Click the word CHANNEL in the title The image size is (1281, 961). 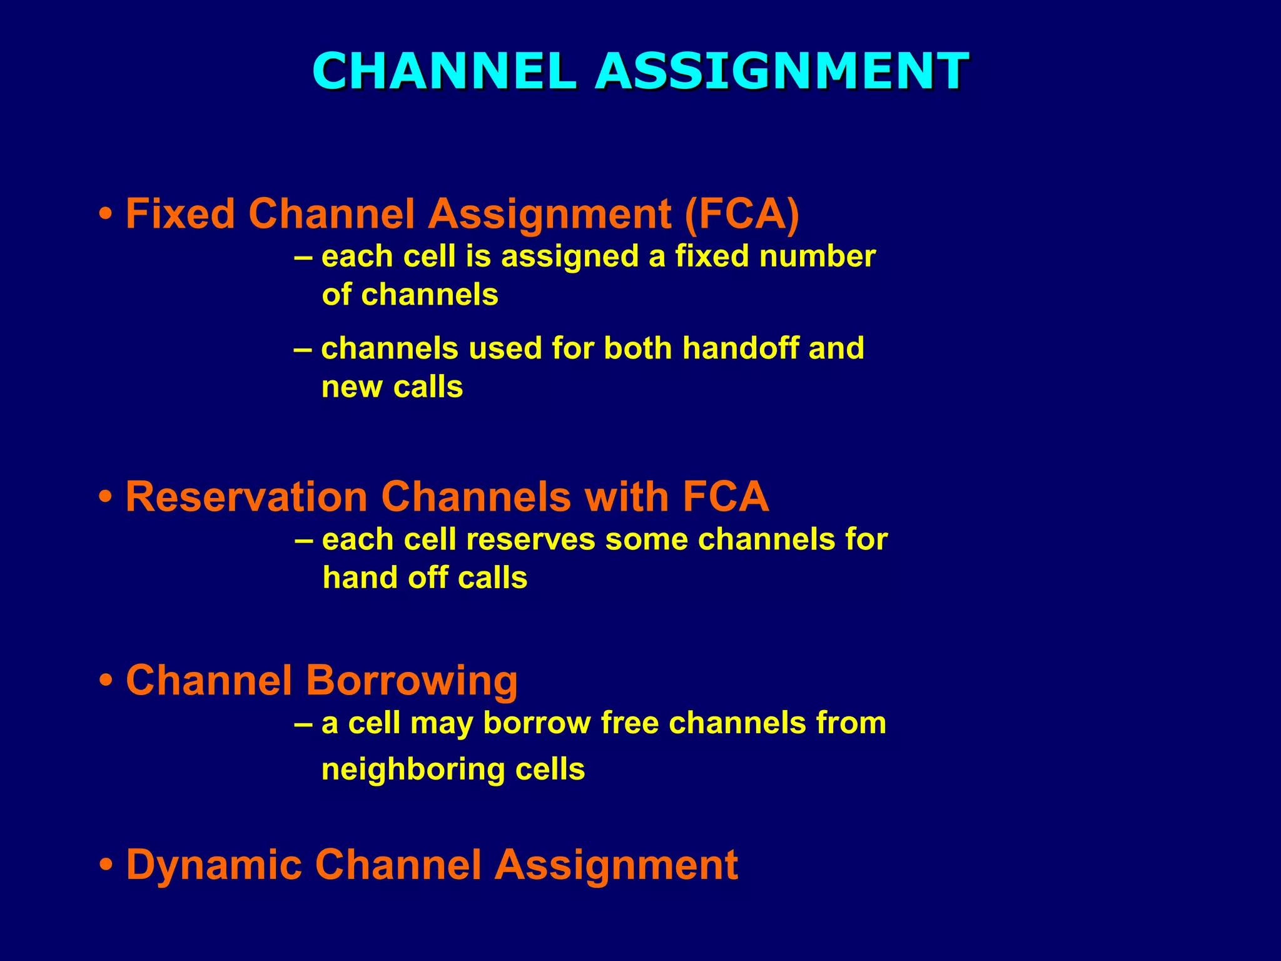[x=444, y=71]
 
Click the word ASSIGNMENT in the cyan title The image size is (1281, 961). [x=782, y=71]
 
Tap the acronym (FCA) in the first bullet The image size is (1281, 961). [x=742, y=214]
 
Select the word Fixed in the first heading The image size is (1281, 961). [x=180, y=214]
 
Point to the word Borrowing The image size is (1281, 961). [x=411, y=681]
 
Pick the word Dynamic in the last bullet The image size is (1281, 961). [x=215, y=865]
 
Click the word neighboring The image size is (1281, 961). [x=413, y=770]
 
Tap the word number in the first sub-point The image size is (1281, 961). [x=817, y=257]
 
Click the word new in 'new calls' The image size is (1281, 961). [x=352, y=388]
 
